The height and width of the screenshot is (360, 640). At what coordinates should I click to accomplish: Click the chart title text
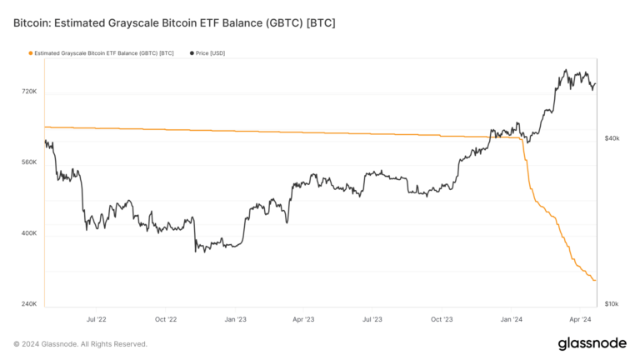pyautogui.click(x=174, y=22)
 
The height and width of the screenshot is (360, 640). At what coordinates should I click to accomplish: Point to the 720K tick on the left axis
pyautogui.click(x=27, y=91)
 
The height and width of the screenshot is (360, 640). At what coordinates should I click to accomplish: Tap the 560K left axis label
pyautogui.click(x=27, y=162)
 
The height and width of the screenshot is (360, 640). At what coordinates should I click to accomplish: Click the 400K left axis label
pyautogui.click(x=27, y=233)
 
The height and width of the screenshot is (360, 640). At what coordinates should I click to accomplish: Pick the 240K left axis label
pyautogui.click(x=27, y=304)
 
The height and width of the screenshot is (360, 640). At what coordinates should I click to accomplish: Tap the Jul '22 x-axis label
pyautogui.click(x=97, y=319)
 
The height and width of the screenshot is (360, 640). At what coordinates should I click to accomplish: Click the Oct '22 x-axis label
pyautogui.click(x=166, y=319)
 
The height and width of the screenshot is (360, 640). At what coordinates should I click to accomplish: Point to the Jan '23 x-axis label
pyautogui.click(x=235, y=319)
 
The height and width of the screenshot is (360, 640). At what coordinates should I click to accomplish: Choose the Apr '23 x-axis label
pyautogui.click(x=303, y=319)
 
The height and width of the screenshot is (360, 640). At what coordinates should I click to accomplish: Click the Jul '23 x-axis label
pyautogui.click(x=372, y=319)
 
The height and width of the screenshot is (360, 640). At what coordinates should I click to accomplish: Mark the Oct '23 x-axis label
pyautogui.click(x=442, y=319)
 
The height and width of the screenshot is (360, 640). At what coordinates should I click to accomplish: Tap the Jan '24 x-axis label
pyautogui.click(x=511, y=319)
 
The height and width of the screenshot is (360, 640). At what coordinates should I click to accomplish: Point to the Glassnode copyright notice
pyautogui.click(x=81, y=344)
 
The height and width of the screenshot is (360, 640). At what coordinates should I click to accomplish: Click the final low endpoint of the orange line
pyautogui.click(x=595, y=281)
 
